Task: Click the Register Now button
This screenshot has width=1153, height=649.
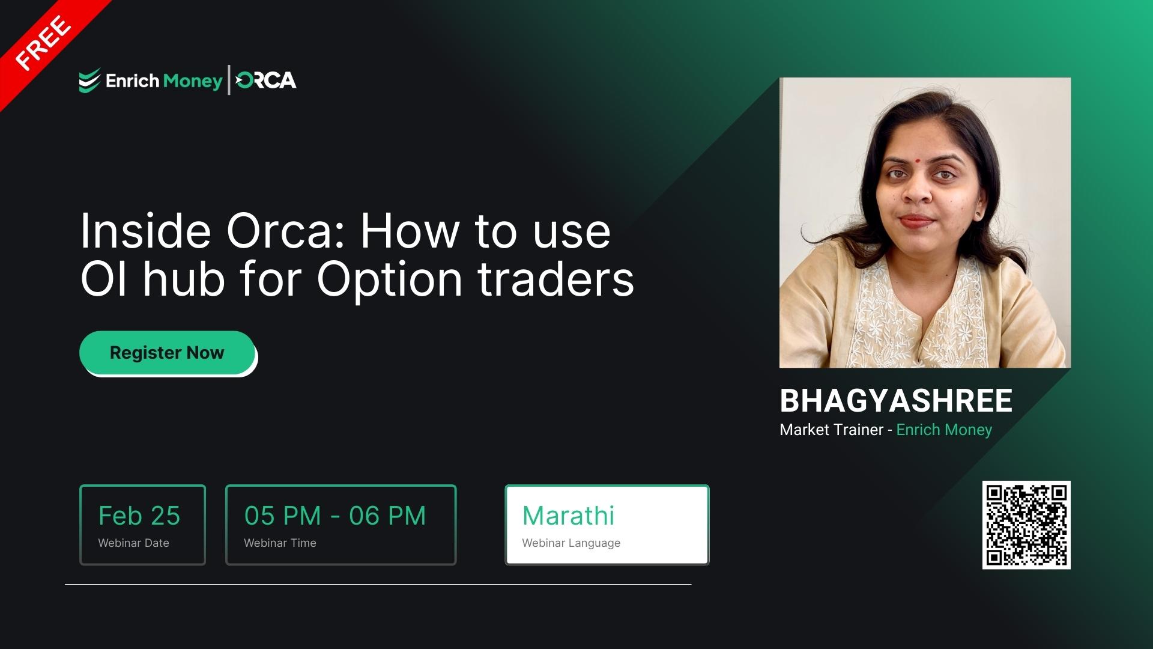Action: click(x=167, y=353)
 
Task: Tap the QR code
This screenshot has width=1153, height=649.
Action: click(x=1026, y=525)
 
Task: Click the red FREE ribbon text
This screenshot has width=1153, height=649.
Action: click(x=43, y=43)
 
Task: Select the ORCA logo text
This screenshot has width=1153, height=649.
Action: click(x=266, y=81)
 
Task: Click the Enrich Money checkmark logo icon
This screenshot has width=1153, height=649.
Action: click(x=89, y=81)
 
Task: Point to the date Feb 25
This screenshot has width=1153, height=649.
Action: click(x=139, y=516)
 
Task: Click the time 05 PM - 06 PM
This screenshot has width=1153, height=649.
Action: click(x=335, y=516)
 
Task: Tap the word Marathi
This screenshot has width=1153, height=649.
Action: click(x=568, y=516)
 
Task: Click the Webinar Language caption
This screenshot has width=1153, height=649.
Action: click(x=571, y=543)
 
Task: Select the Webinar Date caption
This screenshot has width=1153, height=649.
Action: click(x=133, y=543)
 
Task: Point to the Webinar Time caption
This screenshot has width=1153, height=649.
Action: click(x=280, y=543)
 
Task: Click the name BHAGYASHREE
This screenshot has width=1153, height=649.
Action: click(x=895, y=401)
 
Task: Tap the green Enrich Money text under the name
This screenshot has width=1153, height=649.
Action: click(x=944, y=430)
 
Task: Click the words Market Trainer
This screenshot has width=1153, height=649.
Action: click(x=831, y=430)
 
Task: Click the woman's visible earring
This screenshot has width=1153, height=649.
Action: click(x=979, y=215)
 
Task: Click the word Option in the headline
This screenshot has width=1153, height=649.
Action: click(x=390, y=279)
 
